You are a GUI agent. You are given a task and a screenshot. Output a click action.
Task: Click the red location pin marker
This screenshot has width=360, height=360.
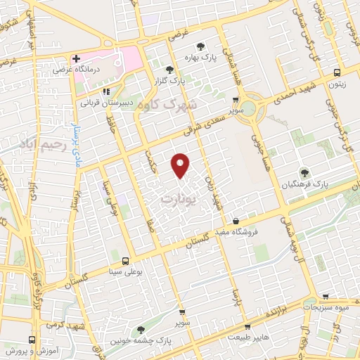click(x=181, y=165)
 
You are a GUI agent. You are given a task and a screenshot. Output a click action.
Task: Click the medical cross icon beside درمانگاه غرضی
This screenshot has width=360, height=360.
click(x=76, y=58)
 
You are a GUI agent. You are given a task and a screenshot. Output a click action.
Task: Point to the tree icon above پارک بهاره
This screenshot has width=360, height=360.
click(x=201, y=47)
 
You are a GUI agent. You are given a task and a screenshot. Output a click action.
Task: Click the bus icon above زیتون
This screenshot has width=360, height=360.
click(x=337, y=72)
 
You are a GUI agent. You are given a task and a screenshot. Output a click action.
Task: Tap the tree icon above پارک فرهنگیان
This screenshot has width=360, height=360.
click(x=304, y=172)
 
